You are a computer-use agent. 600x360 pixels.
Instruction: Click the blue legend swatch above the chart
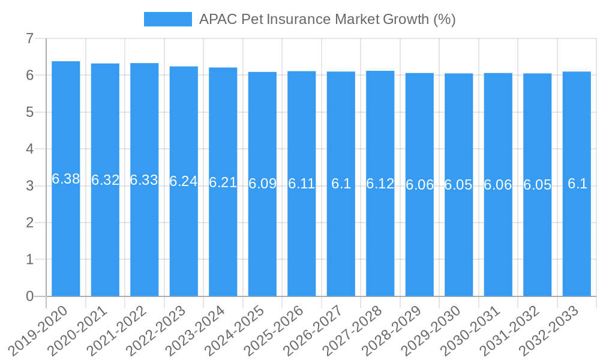pyautogui.click(x=167, y=19)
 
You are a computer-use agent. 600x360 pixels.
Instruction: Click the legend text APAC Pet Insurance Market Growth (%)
pyautogui.click(x=327, y=19)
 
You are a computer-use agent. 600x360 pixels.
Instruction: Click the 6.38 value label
pyautogui.click(x=66, y=179)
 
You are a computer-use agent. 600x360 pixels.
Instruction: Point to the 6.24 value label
pyautogui.click(x=184, y=181)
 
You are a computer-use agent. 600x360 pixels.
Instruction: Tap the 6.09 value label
pyautogui.click(x=262, y=184)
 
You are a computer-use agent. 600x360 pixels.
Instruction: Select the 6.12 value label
pyautogui.click(x=380, y=184)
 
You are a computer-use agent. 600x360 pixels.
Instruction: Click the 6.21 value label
pyautogui.click(x=223, y=182)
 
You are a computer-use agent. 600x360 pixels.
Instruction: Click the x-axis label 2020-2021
pyautogui.click(x=79, y=329)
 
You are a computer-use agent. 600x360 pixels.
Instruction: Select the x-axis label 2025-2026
pyautogui.click(x=275, y=329)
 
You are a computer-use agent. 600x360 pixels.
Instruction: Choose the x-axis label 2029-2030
pyautogui.click(x=432, y=329)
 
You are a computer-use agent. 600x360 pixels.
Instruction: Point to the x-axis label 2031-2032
pyautogui.click(x=511, y=329)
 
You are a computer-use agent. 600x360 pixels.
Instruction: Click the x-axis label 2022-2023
pyautogui.click(x=157, y=329)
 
